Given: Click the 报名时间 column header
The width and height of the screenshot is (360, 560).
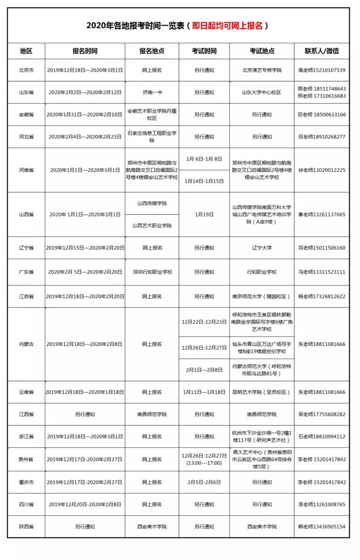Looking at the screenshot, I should (85, 51).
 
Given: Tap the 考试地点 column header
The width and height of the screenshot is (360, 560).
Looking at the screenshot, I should (262, 51).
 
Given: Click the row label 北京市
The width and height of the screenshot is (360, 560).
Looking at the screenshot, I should (26, 70).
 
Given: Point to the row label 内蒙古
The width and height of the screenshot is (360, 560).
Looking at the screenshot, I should (26, 344).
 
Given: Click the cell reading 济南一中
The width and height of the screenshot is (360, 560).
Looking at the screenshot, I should (152, 93).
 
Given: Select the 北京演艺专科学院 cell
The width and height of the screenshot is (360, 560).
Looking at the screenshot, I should (262, 70).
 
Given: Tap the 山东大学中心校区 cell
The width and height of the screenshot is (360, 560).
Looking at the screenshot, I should (262, 93).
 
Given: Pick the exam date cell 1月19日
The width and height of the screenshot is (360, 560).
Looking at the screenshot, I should (204, 214).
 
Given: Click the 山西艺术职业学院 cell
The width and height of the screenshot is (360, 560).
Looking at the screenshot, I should (152, 225).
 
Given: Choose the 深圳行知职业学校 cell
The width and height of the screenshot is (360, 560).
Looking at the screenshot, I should (152, 272).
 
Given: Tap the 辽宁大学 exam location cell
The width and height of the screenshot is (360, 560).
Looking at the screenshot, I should (262, 248).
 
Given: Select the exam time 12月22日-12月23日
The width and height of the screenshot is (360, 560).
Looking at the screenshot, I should (204, 321).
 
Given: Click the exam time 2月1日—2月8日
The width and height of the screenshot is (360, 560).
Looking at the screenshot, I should (204, 370).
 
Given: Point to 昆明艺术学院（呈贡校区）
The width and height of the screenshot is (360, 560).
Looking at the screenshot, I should (262, 392).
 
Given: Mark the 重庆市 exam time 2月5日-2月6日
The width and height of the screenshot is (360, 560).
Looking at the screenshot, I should (204, 482).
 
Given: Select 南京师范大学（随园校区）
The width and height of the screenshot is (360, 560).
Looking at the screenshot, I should (262, 297).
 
